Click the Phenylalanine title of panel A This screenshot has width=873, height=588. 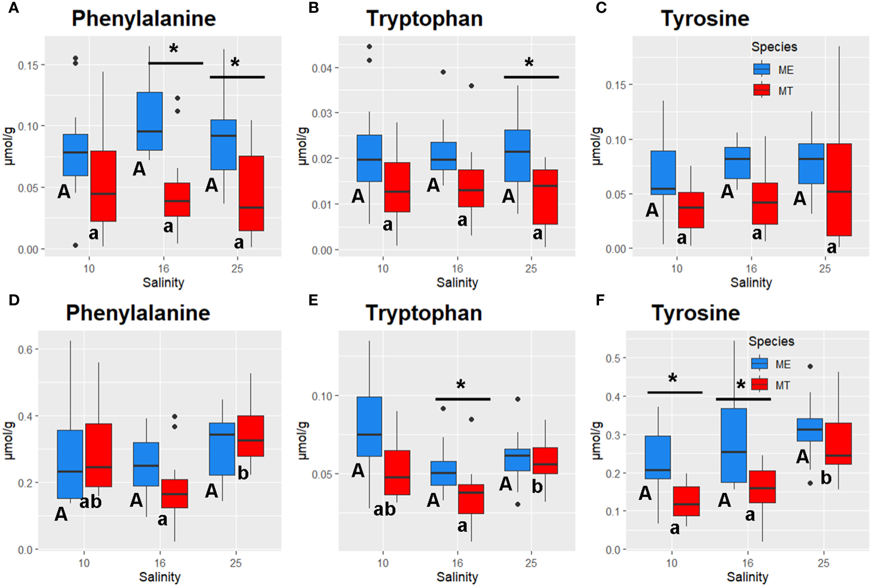coord(144,18)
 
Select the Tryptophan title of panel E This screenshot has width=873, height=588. coord(424,313)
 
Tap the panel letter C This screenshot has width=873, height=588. coord(601,7)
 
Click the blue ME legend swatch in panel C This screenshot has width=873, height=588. coord(762,70)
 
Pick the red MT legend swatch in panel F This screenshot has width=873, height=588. coord(760,385)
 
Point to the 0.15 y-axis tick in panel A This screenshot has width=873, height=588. coord(28,66)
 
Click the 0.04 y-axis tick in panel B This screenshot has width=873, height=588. coord(321,68)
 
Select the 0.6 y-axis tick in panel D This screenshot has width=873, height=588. coord(25,349)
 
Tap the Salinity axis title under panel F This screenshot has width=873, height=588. coord(747,577)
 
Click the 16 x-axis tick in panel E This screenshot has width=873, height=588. coord(457,563)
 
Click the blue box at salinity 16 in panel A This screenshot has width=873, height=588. coord(149,121)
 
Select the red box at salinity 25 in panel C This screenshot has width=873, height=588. coord(839,189)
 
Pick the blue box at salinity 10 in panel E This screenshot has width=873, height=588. coord(369,426)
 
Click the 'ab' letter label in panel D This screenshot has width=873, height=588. coord(91,501)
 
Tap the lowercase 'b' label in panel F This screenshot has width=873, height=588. coord(826,478)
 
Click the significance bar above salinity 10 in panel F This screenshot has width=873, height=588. coord(675,393)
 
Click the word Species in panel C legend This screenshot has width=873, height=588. coord(774,47)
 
